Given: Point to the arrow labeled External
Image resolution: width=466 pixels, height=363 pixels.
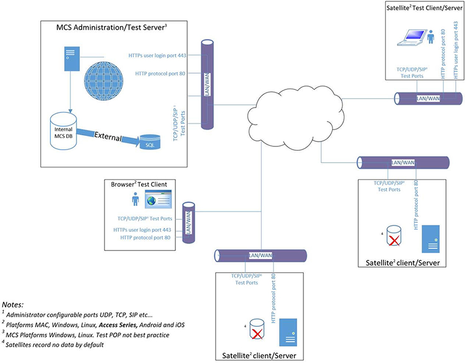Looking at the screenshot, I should click(110, 136).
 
